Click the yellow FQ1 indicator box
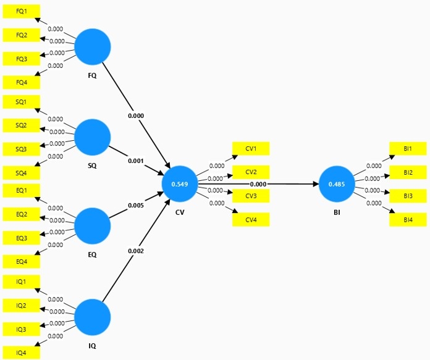click(x=22, y=12)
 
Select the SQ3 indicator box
click(x=22, y=149)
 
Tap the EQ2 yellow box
click(x=22, y=214)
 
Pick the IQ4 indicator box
click(x=22, y=353)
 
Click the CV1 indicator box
click(x=251, y=149)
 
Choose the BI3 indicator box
click(x=408, y=196)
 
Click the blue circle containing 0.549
click(x=180, y=184)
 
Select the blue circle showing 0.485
click(x=337, y=184)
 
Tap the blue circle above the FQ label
click(x=93, y=47)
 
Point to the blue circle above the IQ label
click(x=93, y=317)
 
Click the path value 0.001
click(x=136, y=161)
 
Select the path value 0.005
click(x=136, y=205)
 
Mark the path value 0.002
click(x=136, y=251)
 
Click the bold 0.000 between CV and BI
click(x=258, y=184)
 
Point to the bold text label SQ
click(x=92, y=165)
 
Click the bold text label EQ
click(x=92, y=254)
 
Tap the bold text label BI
click(x=337, y=212)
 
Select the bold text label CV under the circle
click(x=180, y=212)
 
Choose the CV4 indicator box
click(x=251, y=220)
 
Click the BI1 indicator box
click(x=408, y=149)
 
